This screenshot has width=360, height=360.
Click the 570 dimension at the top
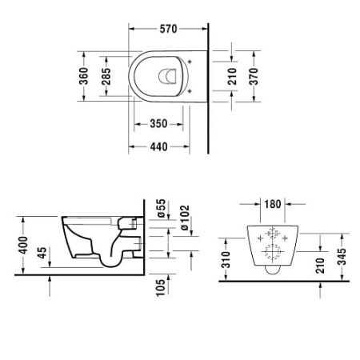tap(167, 29)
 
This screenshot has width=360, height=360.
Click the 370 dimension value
tap(254, 78)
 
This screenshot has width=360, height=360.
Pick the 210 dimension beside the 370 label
tap(231, 78)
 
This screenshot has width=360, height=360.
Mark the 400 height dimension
tap(26, 244)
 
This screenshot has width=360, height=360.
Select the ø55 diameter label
tap(160, 210)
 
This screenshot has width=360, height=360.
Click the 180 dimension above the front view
tap(273, 204)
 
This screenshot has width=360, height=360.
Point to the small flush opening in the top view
tap(168, 78)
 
